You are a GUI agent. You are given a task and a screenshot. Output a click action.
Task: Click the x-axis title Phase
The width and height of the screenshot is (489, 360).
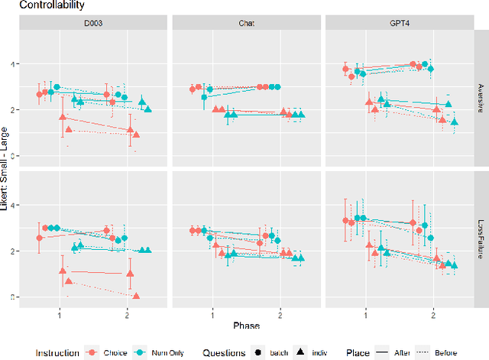246,326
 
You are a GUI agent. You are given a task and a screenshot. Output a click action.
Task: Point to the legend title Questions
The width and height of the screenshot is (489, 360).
225,352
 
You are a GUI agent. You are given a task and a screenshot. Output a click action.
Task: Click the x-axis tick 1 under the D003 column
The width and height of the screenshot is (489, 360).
60,314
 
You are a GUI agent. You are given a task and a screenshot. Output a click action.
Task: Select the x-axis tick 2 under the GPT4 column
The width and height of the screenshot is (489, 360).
432,314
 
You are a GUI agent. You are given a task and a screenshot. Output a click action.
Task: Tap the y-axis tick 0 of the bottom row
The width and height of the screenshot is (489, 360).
12,297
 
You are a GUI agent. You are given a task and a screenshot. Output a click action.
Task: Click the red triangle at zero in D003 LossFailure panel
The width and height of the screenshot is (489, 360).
136,296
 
